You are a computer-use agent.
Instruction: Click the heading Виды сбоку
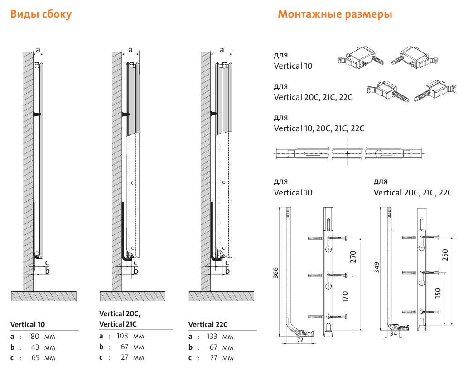41,14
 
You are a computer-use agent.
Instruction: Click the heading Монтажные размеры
335,14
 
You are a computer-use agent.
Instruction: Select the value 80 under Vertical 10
35,336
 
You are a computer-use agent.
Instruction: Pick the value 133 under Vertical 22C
212,336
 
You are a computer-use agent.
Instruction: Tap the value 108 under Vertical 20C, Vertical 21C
122,336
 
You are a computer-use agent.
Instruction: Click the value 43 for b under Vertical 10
35,347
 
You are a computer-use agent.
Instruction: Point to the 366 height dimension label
275,272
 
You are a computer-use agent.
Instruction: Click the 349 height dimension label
376,267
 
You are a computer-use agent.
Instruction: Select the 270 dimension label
353,256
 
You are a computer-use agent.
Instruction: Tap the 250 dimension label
445,255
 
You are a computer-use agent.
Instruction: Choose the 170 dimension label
345,297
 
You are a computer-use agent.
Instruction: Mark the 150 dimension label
438,293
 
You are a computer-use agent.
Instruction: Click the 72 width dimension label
300,340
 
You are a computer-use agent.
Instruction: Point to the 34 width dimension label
393,333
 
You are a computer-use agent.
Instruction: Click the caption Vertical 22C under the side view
208,324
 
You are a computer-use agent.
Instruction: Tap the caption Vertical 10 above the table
28,324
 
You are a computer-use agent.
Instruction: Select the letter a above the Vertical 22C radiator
222,50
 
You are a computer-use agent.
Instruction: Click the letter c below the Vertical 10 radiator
47,263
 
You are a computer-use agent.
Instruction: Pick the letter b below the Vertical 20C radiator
136,271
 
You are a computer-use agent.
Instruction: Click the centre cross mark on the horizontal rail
347,153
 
